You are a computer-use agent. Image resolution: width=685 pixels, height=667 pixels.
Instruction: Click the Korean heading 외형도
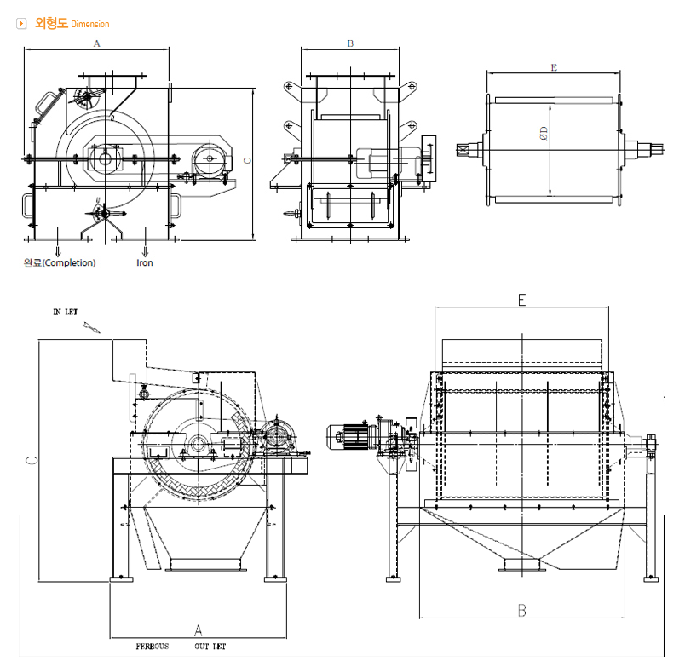[51, 24]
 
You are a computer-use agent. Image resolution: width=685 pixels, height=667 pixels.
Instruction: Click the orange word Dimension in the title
[90, 25]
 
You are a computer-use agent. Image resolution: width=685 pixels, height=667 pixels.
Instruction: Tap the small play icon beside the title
[22, 24]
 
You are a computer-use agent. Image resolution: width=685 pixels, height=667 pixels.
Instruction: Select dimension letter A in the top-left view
[96, 42]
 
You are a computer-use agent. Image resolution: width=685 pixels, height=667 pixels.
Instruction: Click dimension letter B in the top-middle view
[350, 43]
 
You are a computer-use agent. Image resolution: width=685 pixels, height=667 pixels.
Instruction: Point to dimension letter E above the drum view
[554, 66]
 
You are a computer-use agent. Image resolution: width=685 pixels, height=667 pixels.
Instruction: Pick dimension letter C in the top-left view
[247, 159]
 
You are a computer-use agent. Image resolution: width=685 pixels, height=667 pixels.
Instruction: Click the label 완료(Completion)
[60, 263]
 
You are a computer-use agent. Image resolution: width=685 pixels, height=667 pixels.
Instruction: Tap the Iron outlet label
[145, 263]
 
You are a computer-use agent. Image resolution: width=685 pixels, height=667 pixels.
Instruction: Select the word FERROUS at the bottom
[153, 647]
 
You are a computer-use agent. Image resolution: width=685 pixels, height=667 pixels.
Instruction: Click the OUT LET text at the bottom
[210, 647]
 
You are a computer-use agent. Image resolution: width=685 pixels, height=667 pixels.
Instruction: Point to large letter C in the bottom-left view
[31, 461]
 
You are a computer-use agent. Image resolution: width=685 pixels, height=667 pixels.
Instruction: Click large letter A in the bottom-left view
[199, 630]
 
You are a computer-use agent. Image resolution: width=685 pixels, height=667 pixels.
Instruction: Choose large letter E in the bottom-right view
[521, 300]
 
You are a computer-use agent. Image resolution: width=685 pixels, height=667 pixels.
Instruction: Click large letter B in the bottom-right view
[521, 610]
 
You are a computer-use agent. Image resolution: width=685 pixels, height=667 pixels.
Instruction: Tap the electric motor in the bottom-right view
[352, 436]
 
